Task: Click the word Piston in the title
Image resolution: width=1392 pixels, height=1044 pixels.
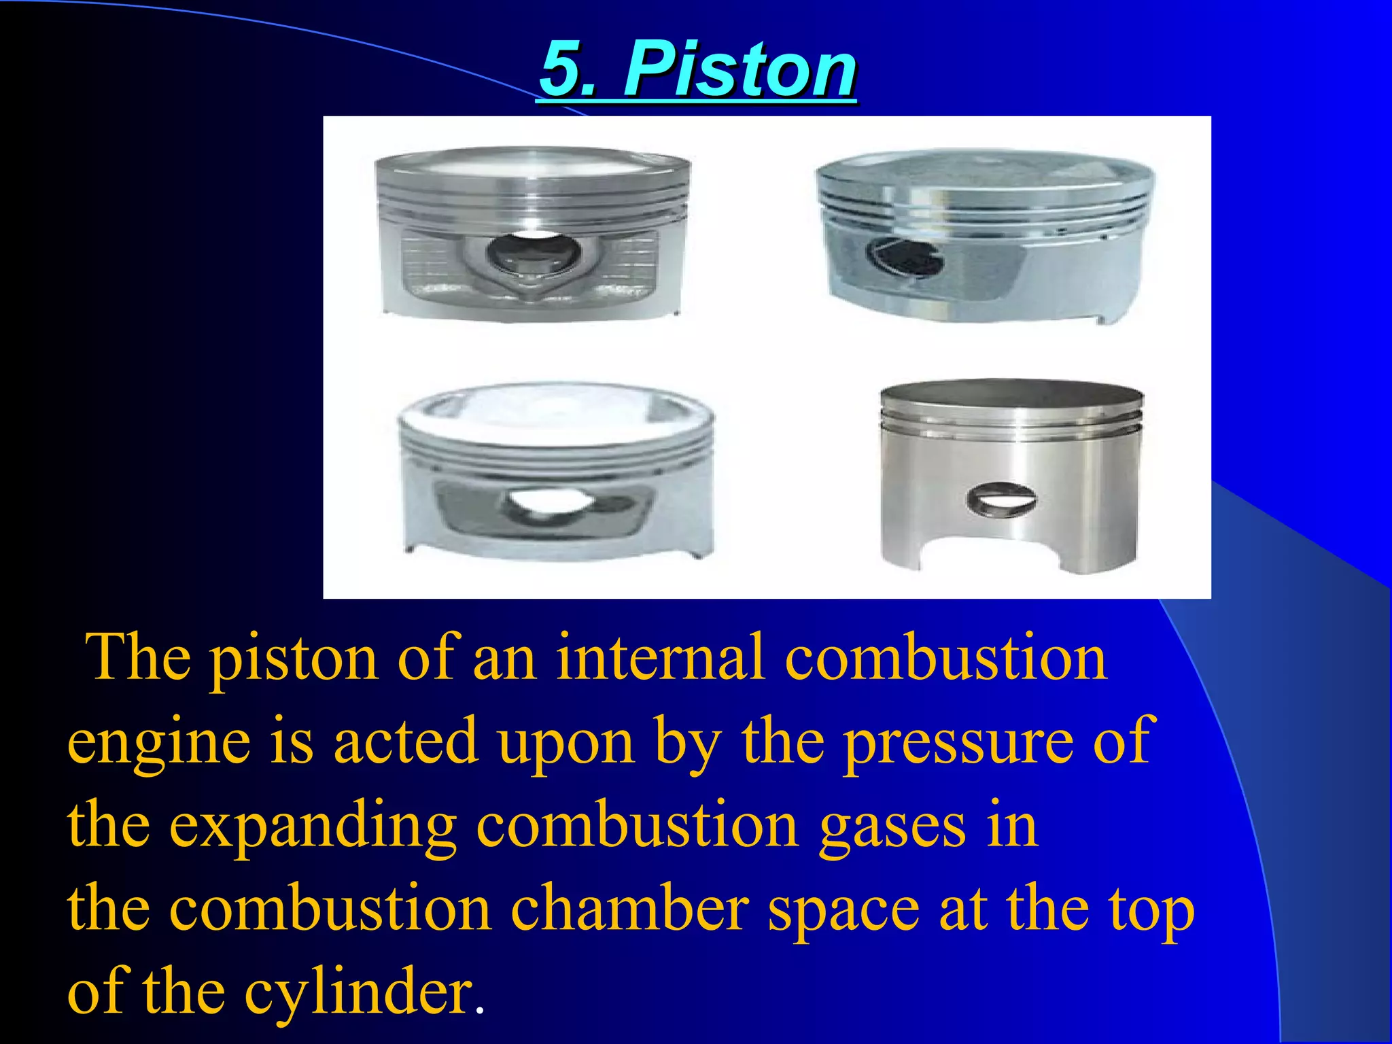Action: [740, 69]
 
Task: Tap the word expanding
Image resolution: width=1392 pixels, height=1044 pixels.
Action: [313, 826]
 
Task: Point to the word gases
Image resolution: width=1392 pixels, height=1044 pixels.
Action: [892, 826]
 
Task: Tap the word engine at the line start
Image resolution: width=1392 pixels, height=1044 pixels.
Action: [158, 742]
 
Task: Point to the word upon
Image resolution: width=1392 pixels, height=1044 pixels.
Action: [566, 742]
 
